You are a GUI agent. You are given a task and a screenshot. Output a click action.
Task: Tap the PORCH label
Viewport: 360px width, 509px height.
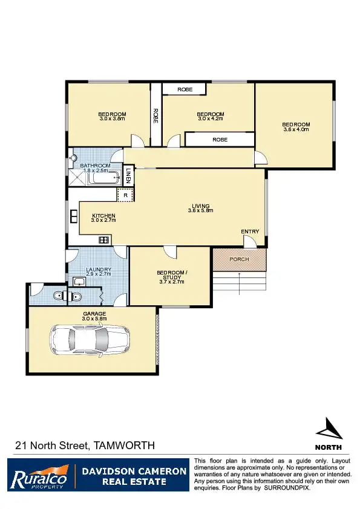pyautogui.click(x=239, y=259)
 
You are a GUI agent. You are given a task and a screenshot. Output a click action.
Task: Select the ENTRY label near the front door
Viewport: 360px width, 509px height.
pyautogui.click(x=250, y=232)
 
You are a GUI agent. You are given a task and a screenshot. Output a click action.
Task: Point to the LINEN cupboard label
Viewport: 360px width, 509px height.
pyautogui.click(x=129, y=176)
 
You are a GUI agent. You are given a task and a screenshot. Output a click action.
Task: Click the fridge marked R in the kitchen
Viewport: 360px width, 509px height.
pyautogui.click(x=125, y=195)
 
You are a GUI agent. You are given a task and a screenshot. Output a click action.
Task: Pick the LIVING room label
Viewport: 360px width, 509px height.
pyautogui.click(x=200, y=206)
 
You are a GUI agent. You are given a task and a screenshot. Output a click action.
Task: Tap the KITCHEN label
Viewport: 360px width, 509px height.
pyautogui.click(x=103, y=216)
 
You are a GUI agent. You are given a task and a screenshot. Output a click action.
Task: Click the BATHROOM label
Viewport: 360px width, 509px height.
pyautogui.click(x=95, y=166)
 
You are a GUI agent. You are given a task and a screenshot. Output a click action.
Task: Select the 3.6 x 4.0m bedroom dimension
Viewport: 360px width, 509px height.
pyautogui.click(x=296, y=129)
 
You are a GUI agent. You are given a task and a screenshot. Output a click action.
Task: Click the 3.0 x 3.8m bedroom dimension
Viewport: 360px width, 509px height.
pyautogui.click(x=112, y=119)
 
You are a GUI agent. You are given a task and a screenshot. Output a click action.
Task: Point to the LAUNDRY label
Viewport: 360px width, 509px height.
pyautogui.click(x=97, y=270)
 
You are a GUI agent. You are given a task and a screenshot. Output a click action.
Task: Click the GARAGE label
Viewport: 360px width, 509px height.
pyautogui.click(x=94, y=314)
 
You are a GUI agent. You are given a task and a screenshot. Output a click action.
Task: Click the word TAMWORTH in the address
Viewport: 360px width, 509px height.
pyautogui.click(x=125, y=446)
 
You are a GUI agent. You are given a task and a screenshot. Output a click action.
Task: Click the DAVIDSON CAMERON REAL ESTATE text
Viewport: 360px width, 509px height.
pyautogui.click(x=133, y=476)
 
